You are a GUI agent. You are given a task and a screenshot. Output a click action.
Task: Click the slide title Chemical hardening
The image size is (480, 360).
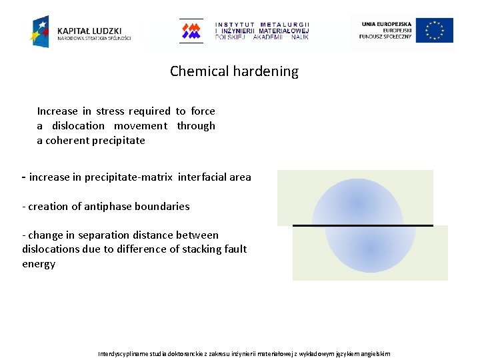click(x=234, y=71)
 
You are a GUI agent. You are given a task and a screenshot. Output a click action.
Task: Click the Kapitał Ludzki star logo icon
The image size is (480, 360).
click(x=39, y=31)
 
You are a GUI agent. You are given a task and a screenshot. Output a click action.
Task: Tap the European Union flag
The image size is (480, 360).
click(x=434, y=31)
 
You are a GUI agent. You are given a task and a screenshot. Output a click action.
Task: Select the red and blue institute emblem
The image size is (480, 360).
click(x=191, y=31)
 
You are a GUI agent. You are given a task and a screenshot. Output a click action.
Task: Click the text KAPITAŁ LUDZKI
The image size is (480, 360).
click(x=89, y=30)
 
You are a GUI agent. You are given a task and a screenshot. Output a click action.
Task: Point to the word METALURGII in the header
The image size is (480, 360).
click(x=285, y=25)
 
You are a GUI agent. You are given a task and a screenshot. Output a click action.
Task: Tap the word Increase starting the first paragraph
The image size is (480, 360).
click(x=57, y=111)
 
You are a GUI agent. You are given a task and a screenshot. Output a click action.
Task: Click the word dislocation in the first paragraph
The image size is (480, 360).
click(x=78, y=126)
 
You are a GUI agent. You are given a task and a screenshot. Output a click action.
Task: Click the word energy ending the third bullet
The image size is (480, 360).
click(x=39, y=264)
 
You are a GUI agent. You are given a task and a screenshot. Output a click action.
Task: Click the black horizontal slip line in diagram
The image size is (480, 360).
click(x=363, y=225)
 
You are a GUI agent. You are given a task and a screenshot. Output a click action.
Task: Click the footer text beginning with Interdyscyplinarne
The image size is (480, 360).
click(x=244, y=353)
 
